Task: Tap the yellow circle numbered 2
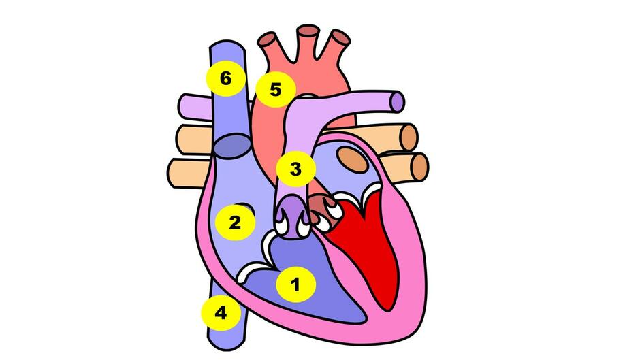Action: pos(235,222)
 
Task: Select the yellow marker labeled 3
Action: pos(295,168)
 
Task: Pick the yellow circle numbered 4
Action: pos(221,312)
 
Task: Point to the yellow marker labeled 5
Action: pos(276,88)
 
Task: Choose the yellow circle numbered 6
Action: pos(226,78)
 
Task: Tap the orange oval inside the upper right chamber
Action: pos(353,159)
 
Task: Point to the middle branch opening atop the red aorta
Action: pos(308,31)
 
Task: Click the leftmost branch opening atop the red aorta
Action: pos(268,39)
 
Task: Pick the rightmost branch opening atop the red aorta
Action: pos(340,37)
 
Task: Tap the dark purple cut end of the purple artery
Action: pos(397,101)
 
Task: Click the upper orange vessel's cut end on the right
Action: pos(409,137)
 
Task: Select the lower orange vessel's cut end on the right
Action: pos(420,167)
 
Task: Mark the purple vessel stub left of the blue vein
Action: pos(195,107)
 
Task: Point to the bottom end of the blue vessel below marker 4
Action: pos(227,347)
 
